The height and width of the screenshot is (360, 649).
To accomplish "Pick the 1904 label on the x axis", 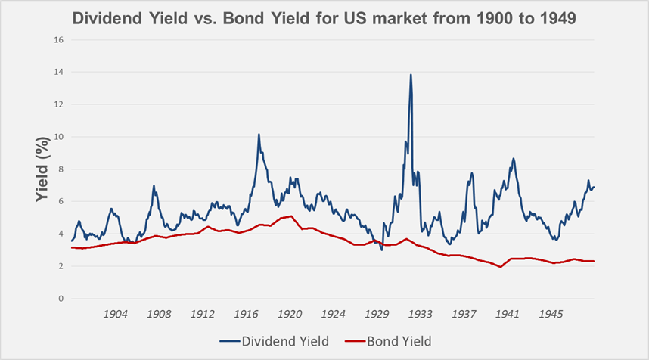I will click(x=115, y=313).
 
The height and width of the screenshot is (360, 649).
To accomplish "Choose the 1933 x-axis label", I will click(x=421, y=313).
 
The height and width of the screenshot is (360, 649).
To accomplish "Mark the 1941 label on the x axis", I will click(x=508, y=313).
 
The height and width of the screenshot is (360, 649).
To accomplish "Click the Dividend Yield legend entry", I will click(x=276, y=341).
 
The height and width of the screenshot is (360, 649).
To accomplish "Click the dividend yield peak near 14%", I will click(x=411, y=75).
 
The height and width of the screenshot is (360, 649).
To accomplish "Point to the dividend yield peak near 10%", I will click(x=259, y=135).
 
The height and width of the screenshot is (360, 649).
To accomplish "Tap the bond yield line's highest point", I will click(x=291, y=216).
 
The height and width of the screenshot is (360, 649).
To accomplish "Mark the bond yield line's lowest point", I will click(x=501, y=267).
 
